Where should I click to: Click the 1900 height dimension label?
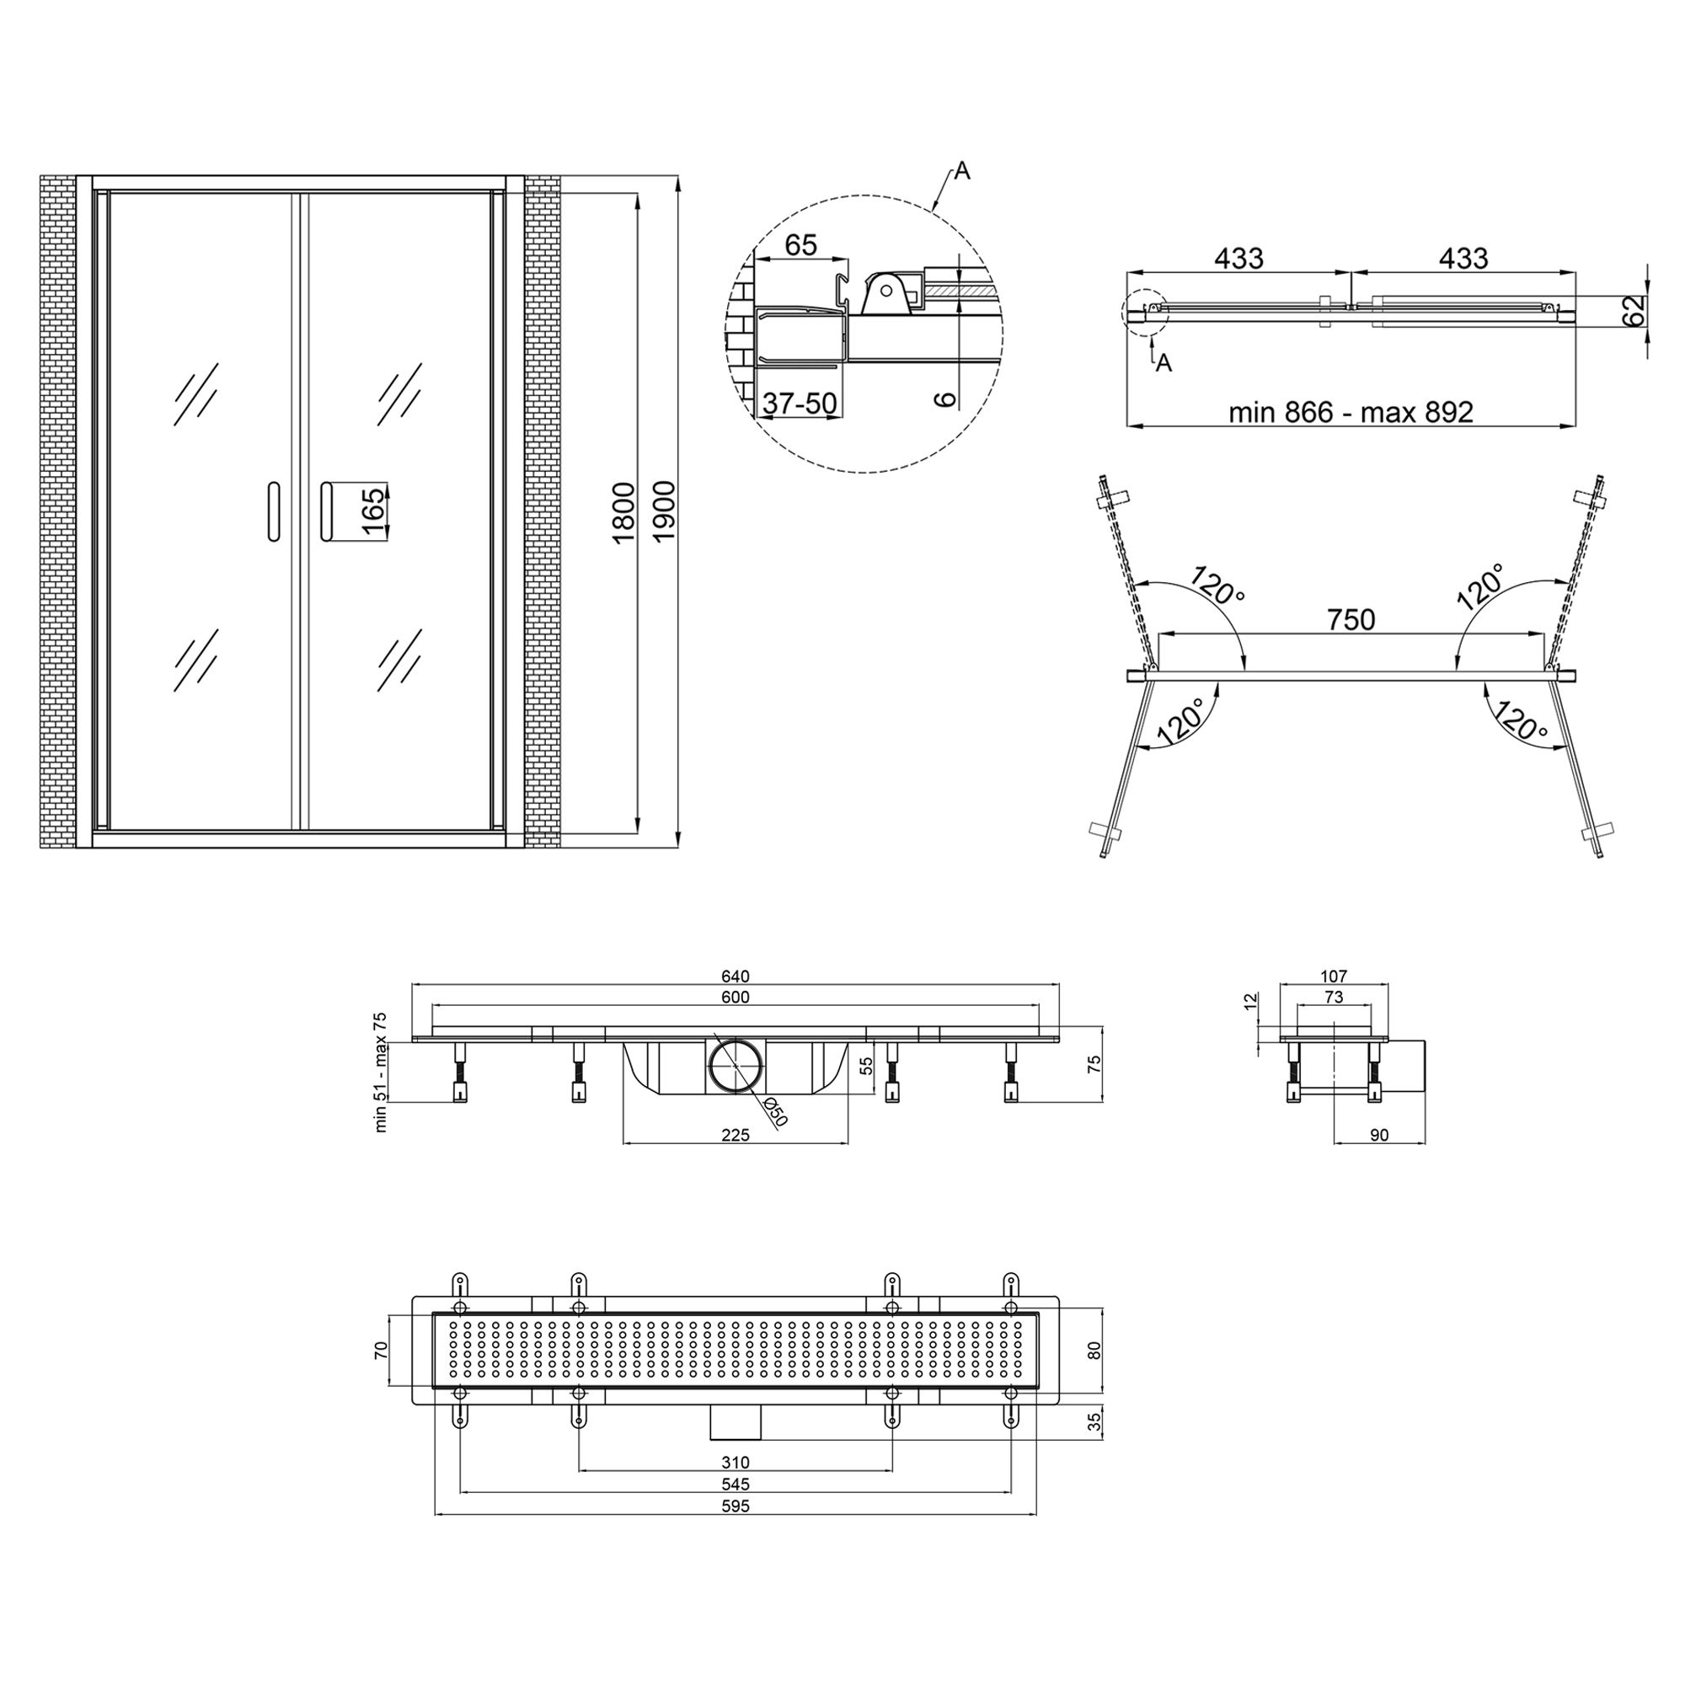(x=664, y=511)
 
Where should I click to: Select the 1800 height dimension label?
(x=623, y=513)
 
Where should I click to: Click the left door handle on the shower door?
(x=273, y=511)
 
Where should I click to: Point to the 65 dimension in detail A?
(x=800, y=245)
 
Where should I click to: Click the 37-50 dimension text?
(x=800, y=403)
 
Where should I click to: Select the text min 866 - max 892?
(x=1351, y=412)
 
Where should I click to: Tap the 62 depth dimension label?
(x=1634, y=309)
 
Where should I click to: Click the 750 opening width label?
(x=1351, y=619)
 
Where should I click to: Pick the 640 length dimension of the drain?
(x=736, y=976)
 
